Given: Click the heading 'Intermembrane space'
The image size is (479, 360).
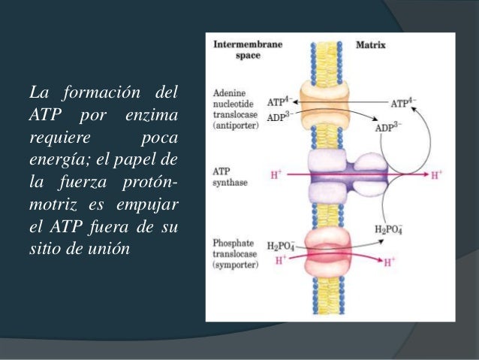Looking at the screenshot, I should point(248,49).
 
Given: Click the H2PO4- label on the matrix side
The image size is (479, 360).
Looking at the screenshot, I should point(387,230).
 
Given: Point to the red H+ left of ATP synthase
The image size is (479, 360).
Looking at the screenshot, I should point(275,177).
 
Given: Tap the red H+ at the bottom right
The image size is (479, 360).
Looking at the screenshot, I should point(389,263).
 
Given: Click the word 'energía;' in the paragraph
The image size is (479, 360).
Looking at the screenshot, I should point(57,160).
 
